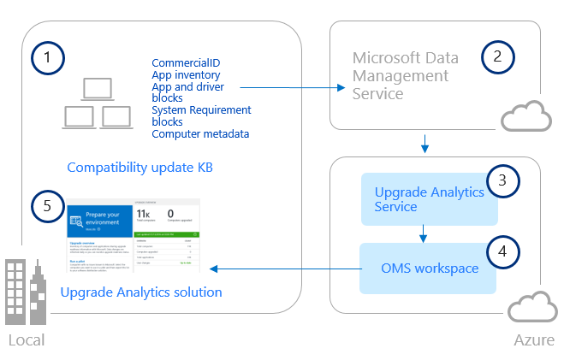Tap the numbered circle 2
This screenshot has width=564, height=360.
click(x=498, y=57)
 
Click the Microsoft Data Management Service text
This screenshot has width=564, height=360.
click(x=405, y=76)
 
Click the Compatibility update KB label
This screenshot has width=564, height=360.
click(x=139, y=168)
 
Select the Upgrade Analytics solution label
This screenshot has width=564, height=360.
click(x=141, y=292)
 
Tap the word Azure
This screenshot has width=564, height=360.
click(x=534, y=341)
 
